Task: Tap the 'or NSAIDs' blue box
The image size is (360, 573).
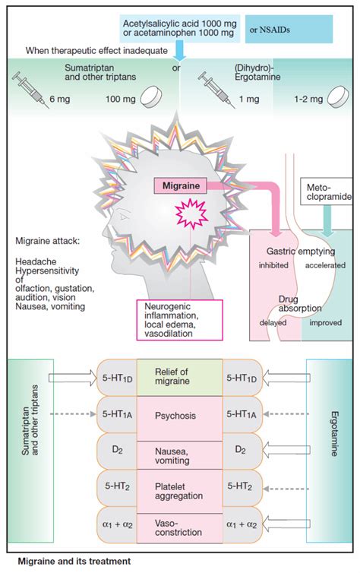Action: [289, 29]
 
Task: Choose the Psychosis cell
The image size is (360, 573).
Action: [179, 416]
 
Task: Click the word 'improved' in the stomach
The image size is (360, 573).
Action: [328, 321]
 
